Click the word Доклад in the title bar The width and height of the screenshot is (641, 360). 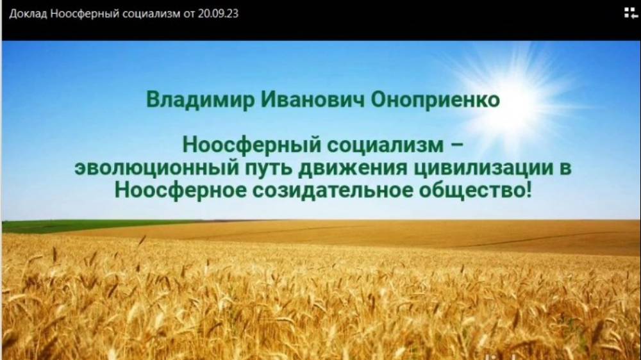pos(28,13)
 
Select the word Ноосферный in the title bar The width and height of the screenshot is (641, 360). pos(82,13)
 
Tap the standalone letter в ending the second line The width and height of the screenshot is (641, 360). pos(562,168)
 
